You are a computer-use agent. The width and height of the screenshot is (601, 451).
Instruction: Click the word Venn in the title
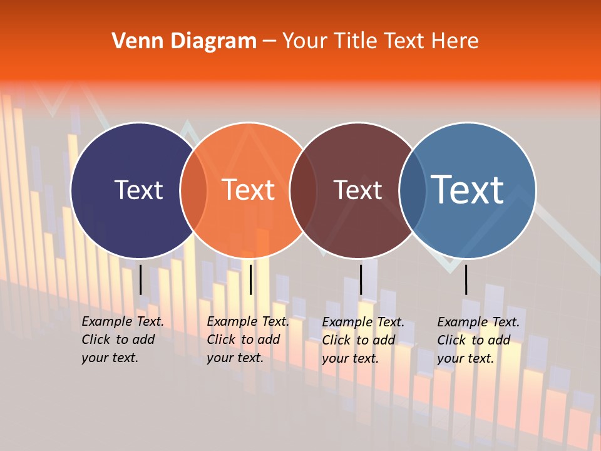click(x=133, y=41)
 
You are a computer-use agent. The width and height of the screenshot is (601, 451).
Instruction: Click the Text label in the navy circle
click(x=138, y=190)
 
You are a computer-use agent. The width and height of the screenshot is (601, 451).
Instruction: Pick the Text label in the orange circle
click(x=249, y=190)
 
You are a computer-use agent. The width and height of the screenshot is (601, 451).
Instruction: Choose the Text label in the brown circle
click(x=357, y=190)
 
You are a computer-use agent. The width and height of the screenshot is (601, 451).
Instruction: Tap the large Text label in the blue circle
click(x=468, y=190)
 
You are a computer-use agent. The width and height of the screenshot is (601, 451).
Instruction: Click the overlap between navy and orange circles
click(x=194, y=190)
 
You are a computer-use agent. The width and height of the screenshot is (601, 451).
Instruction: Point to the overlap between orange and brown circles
click(x=304, y=190)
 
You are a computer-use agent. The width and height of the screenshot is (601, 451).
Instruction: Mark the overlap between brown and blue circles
click(x=413, y=190)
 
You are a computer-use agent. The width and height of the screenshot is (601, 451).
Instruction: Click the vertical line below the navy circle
click(x=140, y=279)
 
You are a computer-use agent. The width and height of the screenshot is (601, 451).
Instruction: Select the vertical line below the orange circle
click(x=250, y=279)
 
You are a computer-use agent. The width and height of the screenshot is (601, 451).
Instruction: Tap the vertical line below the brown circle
click(x=361, y=279)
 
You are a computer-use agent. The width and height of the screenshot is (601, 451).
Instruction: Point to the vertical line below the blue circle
click(x=466, y=279)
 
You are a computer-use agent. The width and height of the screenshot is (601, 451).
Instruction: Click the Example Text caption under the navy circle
click(x=123, y=340)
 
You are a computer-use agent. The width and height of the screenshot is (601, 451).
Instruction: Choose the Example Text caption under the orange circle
click(x=248, y=340)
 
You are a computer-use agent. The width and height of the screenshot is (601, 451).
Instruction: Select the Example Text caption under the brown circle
click(x=363, y=340)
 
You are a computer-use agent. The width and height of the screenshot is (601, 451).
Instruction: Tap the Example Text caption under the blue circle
click(x=478, y=340)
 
